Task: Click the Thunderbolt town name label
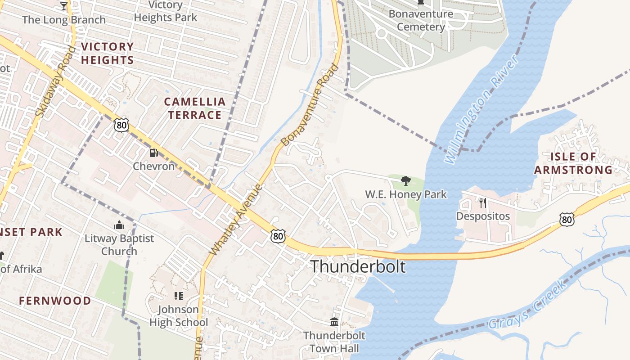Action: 358,266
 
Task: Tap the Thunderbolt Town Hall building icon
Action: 334,322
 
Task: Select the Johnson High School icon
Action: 179,296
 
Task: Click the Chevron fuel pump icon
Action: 154,153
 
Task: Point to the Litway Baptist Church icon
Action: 119,225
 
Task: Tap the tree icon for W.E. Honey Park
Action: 405,181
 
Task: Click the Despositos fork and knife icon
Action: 483,202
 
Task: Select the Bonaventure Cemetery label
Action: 421,20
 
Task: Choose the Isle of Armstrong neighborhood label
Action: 573,163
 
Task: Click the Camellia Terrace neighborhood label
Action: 195,108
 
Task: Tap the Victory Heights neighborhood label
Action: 108,53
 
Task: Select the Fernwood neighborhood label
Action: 55,301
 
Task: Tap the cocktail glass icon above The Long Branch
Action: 63,6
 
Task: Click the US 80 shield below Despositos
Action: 567,219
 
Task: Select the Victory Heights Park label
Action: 166,11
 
